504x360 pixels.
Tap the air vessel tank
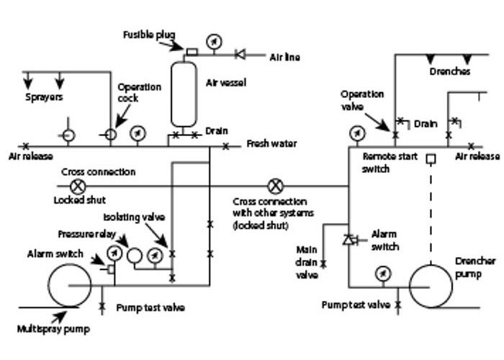click(x=183, y=94)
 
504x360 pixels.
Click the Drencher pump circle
click(x=431, y=286)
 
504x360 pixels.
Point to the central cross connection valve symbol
click(x=275, y=186)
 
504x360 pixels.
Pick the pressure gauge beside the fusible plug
click(x=214, y=41)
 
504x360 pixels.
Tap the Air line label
click(x=284, y=56)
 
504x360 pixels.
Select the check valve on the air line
click(x=240, y=53)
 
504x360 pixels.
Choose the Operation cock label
click(x=140, y=93)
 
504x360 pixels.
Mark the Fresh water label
click(x=271, y=144)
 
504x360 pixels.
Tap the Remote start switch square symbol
click(x=430, y=158)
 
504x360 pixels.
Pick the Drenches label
click(x=450, y=72)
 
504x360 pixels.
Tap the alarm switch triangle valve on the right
click(x=348, y=239)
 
